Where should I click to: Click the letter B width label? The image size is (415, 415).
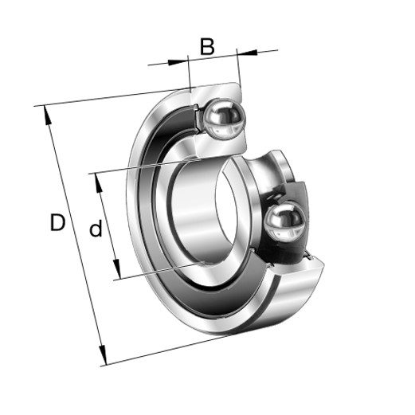pos(207,47)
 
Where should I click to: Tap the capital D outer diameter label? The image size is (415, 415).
pos(57,223)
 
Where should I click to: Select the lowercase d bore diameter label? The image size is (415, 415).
pos(96,230)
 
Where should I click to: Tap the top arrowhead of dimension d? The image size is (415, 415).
pos(99,182)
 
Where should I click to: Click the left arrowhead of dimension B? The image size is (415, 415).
pos(182,58)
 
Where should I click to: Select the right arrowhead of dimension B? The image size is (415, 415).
pos(245,53)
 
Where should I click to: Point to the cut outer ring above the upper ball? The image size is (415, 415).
pos(215,92)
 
